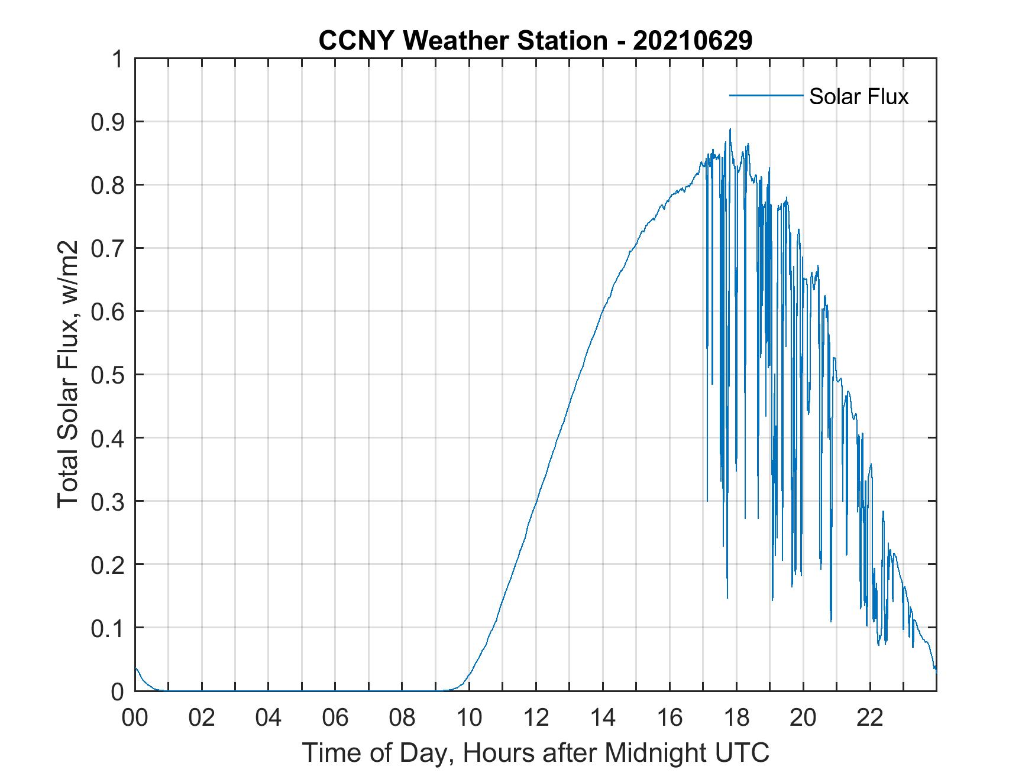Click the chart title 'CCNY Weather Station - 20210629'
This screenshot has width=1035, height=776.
pyautogui.click(x=535, y=41)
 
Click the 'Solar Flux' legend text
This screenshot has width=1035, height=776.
pyautogui.click(x=858, y=96)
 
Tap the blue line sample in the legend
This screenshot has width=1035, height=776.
pyautogui.click(x=765, y=95)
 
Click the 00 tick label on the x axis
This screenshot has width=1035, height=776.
pyautogui.click(x=135, y=719)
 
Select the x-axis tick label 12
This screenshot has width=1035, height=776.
pyautogui.click(x=536, y=719)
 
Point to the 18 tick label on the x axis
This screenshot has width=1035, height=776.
pyautogui.click(x=736, y=719)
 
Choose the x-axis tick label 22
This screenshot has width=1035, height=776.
pyautogui.click(x=870, y=719)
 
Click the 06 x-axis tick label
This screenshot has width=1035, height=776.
pyautogui.click(x=335, y=719)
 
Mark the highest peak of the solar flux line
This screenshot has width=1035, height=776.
pyautogui.click(x=730, y=129)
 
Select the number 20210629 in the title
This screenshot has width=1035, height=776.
pyautogui.click(x=693, y=41)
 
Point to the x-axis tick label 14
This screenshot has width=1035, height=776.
pyautogui.click(x=603, y=719)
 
